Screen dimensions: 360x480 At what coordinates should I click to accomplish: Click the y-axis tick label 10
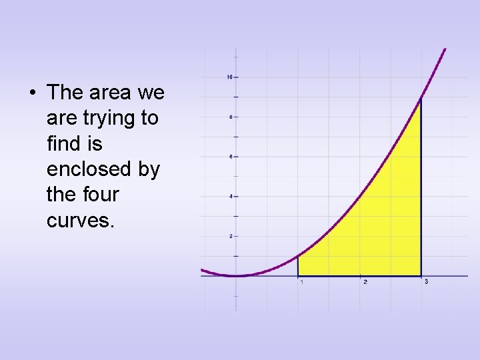(229, 77)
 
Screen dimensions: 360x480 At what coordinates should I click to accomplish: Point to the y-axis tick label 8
(230, 117)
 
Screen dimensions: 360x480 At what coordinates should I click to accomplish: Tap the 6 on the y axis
(230, 157)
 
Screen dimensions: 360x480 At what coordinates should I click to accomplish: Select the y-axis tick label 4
(230, 197)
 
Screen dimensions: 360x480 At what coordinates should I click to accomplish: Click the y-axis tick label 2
(230, 237)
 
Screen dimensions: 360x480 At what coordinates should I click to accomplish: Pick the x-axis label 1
(302, 282)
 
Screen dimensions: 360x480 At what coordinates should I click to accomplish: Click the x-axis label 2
(365, 282)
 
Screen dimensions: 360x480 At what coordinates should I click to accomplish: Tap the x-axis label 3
(426, 282)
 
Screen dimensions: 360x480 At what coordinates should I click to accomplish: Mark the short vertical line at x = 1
(297, 266)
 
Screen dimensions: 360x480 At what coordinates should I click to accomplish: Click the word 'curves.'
(81, 220)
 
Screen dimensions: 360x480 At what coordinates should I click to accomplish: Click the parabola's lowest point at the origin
(236, 275)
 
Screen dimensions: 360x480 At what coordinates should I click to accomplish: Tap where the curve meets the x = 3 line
(421, 99)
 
